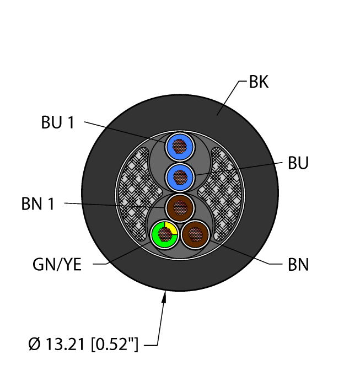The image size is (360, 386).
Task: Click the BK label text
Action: pos(259,83)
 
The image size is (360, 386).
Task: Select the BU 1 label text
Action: pos(57,122)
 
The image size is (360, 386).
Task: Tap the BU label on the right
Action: pos(298,164)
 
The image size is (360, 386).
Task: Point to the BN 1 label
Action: pos(38,205)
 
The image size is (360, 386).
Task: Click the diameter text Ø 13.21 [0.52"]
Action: pos(83,346)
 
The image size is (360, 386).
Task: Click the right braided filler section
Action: pos(221,182)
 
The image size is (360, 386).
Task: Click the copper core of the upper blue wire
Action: pos(180,146)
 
